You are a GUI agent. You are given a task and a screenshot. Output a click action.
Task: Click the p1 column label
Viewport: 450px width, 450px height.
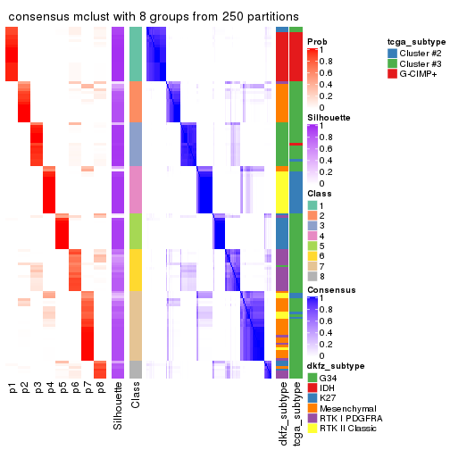(x=12, y=387)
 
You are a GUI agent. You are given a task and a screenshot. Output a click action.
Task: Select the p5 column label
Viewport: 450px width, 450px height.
(x=62, y=387)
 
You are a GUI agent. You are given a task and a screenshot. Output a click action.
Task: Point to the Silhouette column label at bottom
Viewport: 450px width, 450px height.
(x=118, y=406)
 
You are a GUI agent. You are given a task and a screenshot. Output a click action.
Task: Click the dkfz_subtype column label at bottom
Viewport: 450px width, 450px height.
(x=282, y=412)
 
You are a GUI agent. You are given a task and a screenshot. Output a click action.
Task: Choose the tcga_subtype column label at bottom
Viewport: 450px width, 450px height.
(x=296, y=412)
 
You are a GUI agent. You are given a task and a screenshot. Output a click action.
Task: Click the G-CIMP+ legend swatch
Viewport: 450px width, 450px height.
(x=394, y=77)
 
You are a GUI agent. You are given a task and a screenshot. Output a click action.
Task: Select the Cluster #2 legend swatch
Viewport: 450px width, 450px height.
(x=394, y=52)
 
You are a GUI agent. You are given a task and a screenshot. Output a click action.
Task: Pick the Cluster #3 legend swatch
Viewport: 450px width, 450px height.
(x=394, y=64)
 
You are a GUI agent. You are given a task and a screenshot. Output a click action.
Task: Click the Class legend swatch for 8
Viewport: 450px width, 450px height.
(x=313, y=277)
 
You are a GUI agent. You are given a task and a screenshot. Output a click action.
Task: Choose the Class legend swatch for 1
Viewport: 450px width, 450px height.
(x=313, y=204)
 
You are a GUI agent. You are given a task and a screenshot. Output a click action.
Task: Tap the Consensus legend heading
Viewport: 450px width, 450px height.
(x=328, y=290)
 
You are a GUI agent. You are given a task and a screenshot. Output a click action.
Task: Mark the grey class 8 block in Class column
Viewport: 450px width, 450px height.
(x=136, y=369)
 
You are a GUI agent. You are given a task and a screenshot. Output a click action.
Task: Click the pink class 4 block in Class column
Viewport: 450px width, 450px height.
(x=136, y=188)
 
